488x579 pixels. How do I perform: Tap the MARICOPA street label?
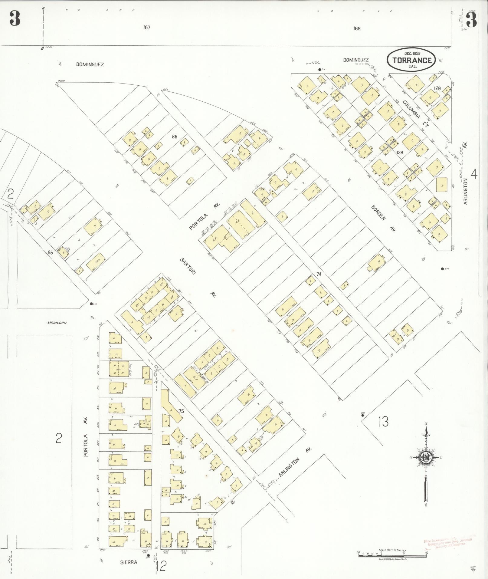point(57,323)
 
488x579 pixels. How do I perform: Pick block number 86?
point(174,137)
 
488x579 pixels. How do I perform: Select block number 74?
point(318,274)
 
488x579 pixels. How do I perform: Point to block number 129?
point(437,88)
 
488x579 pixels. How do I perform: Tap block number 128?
point(400,153)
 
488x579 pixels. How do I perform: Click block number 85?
point(50,252)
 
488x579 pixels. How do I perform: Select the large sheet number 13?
point(383,421)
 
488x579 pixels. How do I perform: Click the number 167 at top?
point(147,28)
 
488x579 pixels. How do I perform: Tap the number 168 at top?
point(357,28)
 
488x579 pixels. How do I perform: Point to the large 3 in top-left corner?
point(15,18)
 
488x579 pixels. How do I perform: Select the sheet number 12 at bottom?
point(162,566)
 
